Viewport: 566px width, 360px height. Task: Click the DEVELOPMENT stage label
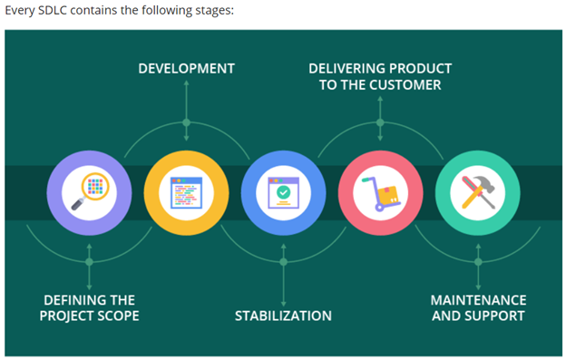point(186,69)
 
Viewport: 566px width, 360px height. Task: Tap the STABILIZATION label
point(283,316)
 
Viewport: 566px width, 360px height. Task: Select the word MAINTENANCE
point(478,300)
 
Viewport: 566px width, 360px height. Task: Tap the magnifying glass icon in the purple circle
point(90,191)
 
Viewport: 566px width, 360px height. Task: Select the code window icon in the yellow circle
point(186,192)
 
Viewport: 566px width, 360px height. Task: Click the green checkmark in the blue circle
point(283,192)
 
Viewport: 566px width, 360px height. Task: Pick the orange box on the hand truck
point(387,196)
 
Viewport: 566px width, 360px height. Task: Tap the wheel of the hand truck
point(379,208)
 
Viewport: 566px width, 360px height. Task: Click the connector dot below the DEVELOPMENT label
point(186,122)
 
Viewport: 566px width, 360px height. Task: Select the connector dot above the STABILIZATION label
point(283,262)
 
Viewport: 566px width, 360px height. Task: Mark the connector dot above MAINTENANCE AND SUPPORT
point(478,262)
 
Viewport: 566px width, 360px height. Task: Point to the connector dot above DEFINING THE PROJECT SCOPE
point(89,262)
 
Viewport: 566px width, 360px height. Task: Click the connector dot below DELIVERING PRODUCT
point(380,122)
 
